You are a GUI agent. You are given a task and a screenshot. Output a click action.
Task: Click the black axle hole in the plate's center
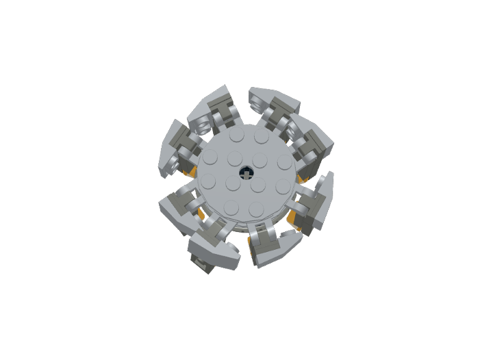coord(244,172)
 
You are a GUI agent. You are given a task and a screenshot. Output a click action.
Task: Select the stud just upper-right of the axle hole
coord(260,162)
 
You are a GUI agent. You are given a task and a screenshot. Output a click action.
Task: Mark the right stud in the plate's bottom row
coord(256,207)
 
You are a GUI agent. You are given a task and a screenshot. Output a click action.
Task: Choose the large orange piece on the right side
coord(295,218)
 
